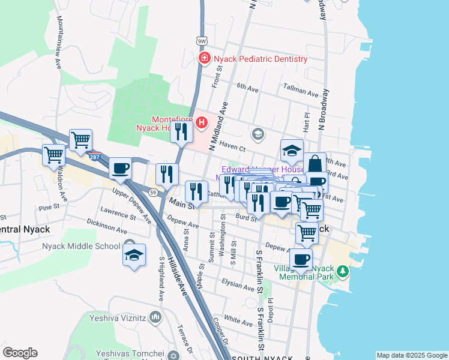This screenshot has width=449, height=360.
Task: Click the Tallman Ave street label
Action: pos(301,93)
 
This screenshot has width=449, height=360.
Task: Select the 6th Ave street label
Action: pos(247,87)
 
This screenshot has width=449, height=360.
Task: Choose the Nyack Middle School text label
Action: pos(81,246)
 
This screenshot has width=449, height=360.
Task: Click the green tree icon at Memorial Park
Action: pos(342,272)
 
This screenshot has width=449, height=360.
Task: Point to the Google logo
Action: pos(20,353)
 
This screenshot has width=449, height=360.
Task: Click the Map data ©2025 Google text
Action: pos(412,355)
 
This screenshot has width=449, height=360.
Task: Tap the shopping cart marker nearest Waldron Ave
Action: pos(54,155)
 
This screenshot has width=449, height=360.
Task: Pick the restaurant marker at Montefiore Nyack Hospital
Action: pos(181,133)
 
